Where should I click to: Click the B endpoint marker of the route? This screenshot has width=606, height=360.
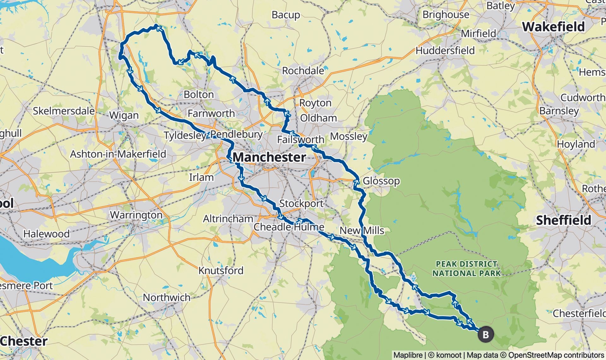(485, 334)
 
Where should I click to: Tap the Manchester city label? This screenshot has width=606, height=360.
(269, 157)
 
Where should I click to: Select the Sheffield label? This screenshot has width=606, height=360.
(563, 220)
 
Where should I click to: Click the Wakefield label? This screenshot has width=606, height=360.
(553, 27)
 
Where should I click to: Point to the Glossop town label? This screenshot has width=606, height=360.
(381, 181)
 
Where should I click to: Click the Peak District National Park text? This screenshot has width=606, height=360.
(466, 268)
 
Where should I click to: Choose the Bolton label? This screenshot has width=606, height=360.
(199, 94)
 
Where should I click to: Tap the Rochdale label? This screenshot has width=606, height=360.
(303, 71)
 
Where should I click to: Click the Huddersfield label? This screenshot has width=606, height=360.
(445, 51)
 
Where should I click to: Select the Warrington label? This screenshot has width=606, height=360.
(136, 215)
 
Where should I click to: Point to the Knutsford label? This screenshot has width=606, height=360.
(221, 271)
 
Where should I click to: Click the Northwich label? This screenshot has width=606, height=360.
(167, 297)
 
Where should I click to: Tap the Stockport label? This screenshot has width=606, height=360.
(301, 203)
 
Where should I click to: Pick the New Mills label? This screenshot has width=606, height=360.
(362, 231)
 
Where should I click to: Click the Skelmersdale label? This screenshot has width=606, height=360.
(63, 111)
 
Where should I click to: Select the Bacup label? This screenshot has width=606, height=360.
(286, 15)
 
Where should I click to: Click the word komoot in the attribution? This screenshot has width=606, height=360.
(449, 355)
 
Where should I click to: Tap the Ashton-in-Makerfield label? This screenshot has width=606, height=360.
(118, 154)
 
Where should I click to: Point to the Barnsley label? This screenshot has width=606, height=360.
(559, 111)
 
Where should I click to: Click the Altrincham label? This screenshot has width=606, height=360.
(228, 219)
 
